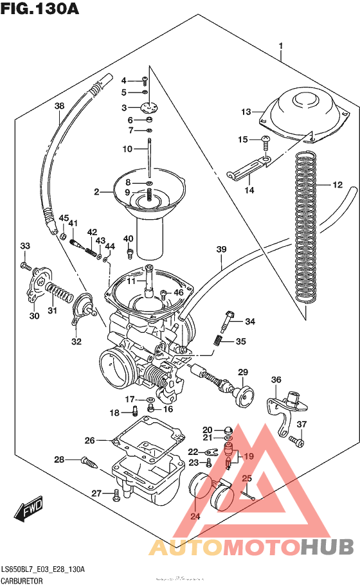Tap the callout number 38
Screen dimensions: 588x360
pyautogui.click(x=59, y=106)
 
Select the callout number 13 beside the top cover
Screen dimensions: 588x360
pyautogui.click(x=246, y=112)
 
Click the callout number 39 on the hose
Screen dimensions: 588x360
pyautogui.click(x=221, y=249)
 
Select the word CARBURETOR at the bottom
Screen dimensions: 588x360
pyautogui.click(x=26, y=580)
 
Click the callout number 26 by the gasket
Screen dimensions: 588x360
pyautogui.click(x=90, y=441)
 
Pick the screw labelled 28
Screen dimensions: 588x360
pyautogui.click(x=89, y=460)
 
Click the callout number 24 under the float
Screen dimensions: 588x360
pyautogui.click(x=195, y=515)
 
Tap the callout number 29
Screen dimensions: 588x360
pyautogui.click(x=243, y=372)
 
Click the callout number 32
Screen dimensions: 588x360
pyautogui.click(x=76, y=341)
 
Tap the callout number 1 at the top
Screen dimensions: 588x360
pyautogui.click(x=281, y=46)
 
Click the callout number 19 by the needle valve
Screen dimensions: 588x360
pyautogui.click(x=249, y=456)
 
